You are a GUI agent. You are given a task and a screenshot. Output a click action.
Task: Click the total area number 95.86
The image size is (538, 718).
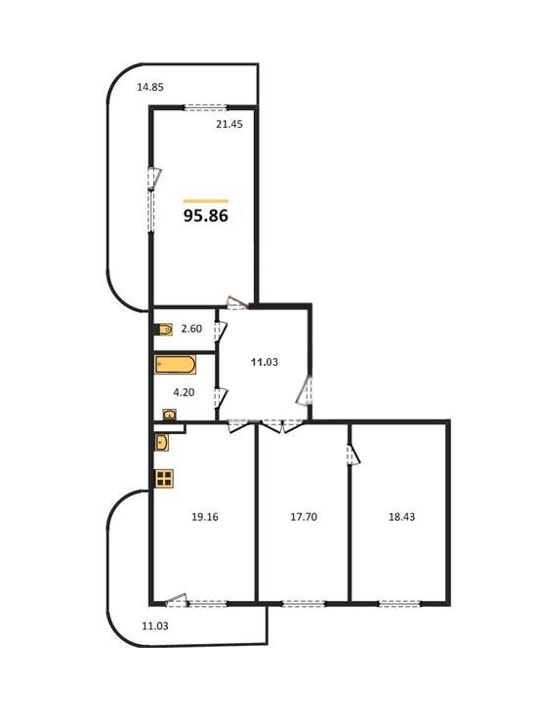206,216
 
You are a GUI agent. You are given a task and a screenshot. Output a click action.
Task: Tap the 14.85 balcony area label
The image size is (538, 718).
150,87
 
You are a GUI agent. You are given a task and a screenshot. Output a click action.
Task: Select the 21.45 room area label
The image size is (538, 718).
229,124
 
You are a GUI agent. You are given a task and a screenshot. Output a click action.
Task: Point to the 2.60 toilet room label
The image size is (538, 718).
191,329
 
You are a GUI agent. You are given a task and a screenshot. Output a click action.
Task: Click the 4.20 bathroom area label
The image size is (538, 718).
184,392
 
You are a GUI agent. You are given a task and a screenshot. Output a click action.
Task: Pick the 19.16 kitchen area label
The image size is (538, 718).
205,517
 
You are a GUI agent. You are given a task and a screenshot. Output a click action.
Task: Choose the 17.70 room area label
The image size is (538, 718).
304,517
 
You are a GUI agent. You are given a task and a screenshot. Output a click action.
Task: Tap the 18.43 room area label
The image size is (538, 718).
401,517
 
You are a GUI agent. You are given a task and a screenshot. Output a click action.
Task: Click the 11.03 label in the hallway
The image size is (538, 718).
265,362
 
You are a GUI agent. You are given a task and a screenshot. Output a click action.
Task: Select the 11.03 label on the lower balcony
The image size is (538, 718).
155,626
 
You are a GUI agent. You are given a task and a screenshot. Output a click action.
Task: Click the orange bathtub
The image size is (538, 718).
176,365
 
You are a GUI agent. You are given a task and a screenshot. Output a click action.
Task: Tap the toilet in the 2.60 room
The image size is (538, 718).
164,329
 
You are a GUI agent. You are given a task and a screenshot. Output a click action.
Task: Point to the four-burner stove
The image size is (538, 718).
164,479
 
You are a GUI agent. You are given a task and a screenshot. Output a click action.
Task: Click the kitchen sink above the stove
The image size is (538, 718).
162,442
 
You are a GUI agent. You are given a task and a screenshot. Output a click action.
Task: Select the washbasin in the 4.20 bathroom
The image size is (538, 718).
170,415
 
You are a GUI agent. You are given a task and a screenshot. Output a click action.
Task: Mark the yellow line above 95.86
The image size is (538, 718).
206,201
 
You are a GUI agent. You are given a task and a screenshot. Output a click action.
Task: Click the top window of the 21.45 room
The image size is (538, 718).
205,108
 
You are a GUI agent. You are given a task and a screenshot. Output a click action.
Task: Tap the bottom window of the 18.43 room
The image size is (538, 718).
399,604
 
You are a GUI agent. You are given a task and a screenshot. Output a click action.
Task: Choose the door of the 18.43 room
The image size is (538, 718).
353,455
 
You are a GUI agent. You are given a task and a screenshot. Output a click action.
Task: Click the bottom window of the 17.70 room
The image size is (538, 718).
303,604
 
